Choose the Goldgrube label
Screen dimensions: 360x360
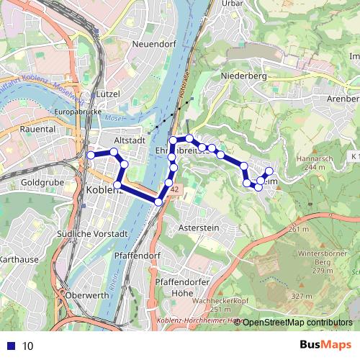[44, 184]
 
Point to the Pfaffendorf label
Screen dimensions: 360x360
[137, 256]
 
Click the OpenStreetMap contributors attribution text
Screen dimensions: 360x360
[297, 323]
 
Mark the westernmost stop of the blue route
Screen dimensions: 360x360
[91, 155]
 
